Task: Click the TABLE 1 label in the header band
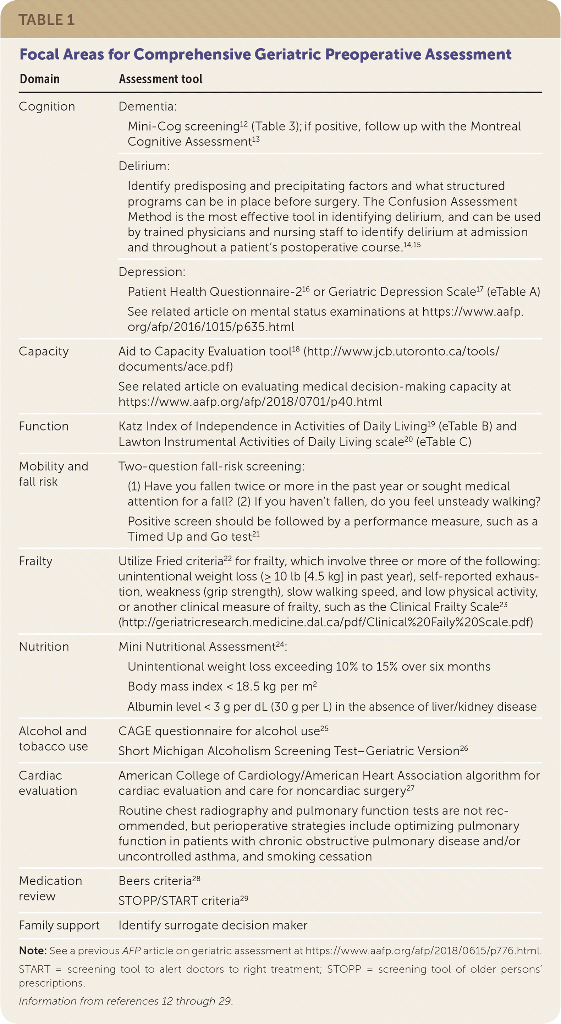click(x=46, y=20)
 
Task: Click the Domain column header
click(x=40, y=79)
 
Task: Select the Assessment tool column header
click(x=160, y=79)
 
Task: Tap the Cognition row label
click(x=47, y=106)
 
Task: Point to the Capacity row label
click(x=44, y=351)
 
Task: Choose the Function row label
click(x=44, y=427)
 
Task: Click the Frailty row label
click(x=36, y=561)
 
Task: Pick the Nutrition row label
click(x=44, y=647)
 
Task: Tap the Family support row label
click(x=59, y=925)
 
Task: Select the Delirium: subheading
click(x=144, y=166)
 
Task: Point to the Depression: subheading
click(x=152, y=272)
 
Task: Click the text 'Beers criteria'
click(x=155, y=881)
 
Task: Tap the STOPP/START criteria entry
click(x=179, y=901)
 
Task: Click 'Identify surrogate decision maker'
click(x=213, y=925)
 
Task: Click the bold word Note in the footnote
click(x=33, y=951)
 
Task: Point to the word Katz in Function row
click(x=130, y=427)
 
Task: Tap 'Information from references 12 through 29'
click(x=126, y=1001)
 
